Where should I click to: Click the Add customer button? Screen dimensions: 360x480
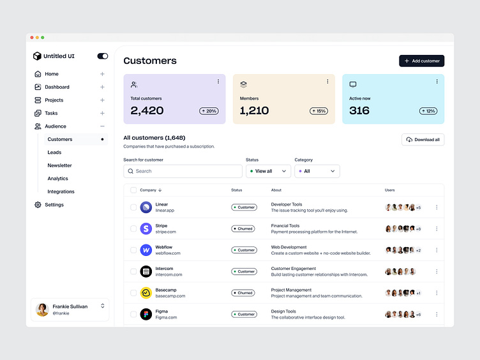pos(421,61)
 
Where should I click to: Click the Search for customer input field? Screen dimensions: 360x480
pos(183,171)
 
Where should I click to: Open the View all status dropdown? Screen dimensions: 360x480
pos(268,171)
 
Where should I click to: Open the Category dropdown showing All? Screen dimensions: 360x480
pos(317,171)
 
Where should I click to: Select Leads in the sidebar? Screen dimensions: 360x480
pos(54,153)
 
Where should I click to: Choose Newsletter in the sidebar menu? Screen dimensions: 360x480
pos(59,165)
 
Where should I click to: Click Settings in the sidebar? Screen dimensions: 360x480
pos(54,205)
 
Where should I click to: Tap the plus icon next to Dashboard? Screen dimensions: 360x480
pos(102,87)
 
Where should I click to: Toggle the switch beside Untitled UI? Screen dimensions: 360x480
pos(102,56)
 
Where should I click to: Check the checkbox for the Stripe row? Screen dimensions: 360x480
pos(133,229)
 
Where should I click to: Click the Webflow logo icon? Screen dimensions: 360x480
pos(146,250)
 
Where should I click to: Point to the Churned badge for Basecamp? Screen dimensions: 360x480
pos(244,293)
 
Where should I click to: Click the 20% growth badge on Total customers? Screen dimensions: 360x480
pos(209,111)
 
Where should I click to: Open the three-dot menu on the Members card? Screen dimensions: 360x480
pos(327,82)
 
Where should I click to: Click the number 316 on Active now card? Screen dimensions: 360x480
pos(359,110)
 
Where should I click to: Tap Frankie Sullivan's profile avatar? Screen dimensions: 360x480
pos(42,310)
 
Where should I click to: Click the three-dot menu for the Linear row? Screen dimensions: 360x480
pos(437,207)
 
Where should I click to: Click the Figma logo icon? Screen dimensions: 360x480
pos(146,315)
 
